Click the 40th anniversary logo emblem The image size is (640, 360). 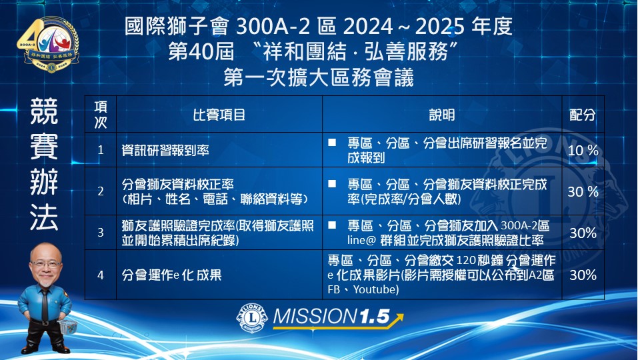click(49, 44)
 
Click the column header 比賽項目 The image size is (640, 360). click(219, 115)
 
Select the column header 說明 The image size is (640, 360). click(441, 115)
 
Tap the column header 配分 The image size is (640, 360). click(583, 115)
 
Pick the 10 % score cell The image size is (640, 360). click(583, 150)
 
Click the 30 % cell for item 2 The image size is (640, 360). click(583, 191)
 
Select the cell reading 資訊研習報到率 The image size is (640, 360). click(165, 150)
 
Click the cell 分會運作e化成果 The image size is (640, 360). click(171, 275)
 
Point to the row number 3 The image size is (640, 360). click(101, 233)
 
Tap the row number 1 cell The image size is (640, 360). click(101, 150)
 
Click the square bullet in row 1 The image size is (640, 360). click(332, 143)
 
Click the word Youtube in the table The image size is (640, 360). click(375, 290)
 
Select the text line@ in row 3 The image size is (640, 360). click(361, 241)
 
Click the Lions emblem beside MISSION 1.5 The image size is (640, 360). click(252, 317)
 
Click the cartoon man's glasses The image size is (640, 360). click(46, 264)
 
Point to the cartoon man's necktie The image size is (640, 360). click(45, 304)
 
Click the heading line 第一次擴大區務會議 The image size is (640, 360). click(319, 77)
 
